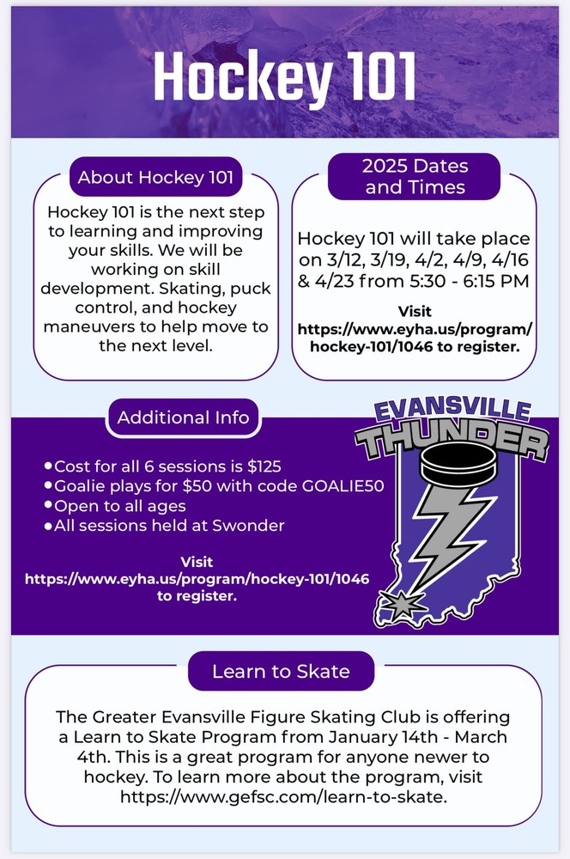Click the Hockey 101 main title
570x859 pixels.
click(284, 77)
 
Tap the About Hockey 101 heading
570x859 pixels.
click(155, 178)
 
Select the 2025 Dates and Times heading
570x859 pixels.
click(415, 175)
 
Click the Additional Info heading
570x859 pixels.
click(183, 417)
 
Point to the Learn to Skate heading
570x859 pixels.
click(281, 671)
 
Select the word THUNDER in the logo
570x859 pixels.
click(452, 442)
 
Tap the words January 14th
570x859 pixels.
click(414, 737)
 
